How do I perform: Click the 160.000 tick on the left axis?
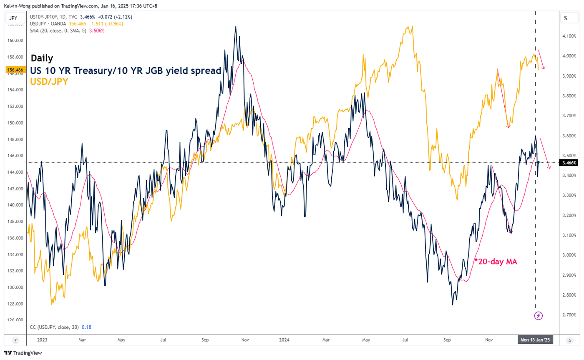[15, 40]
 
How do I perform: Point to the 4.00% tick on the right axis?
[570, 56]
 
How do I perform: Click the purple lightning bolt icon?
[539, 315]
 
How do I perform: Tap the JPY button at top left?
[13, 18]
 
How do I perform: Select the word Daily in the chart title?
[42, 58]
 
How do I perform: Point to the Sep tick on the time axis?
[447, 340]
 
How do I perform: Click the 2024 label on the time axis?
[286, 340]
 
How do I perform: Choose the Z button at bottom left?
[15, 340]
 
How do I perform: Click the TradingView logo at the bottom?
[23, 353]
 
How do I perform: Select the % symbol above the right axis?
[566, 18]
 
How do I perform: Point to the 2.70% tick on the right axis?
[570, 314]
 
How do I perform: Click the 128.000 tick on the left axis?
[15, 304]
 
